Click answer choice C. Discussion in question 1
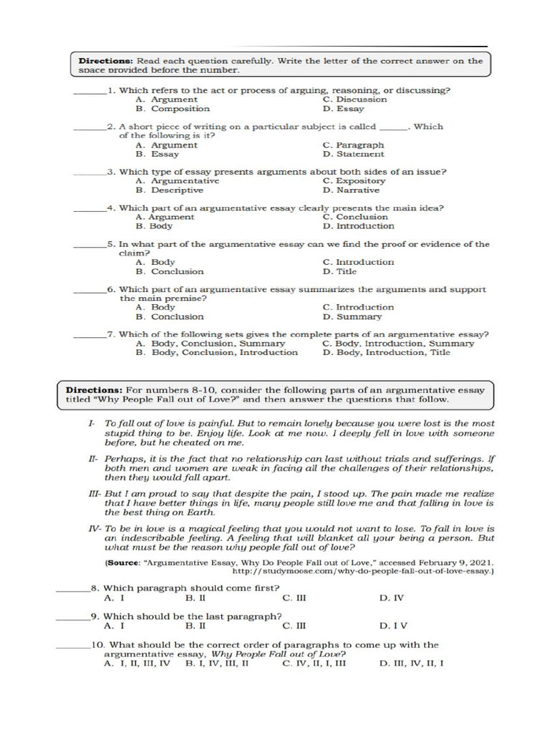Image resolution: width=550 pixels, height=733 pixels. tap(354, 99)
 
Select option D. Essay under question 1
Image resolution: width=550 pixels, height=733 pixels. tap(343, 109)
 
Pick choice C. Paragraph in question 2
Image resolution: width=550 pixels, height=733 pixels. tap(353, 145)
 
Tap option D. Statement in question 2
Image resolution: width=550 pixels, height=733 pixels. tap(353, 154)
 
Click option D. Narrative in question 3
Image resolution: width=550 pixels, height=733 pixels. tap(351, 190)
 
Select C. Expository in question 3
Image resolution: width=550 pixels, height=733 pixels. tap(354, 181)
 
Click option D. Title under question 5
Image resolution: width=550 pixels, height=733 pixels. tap(339, 271)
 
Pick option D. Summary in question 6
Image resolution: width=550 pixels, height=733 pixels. tap(352, 316)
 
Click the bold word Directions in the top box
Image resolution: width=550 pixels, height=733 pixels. tap(105, 61)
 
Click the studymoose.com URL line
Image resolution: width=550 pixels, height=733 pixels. tap(363, 572)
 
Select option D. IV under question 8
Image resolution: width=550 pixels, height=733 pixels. tap(391, 598)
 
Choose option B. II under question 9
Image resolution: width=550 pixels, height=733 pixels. tap(196, 625)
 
